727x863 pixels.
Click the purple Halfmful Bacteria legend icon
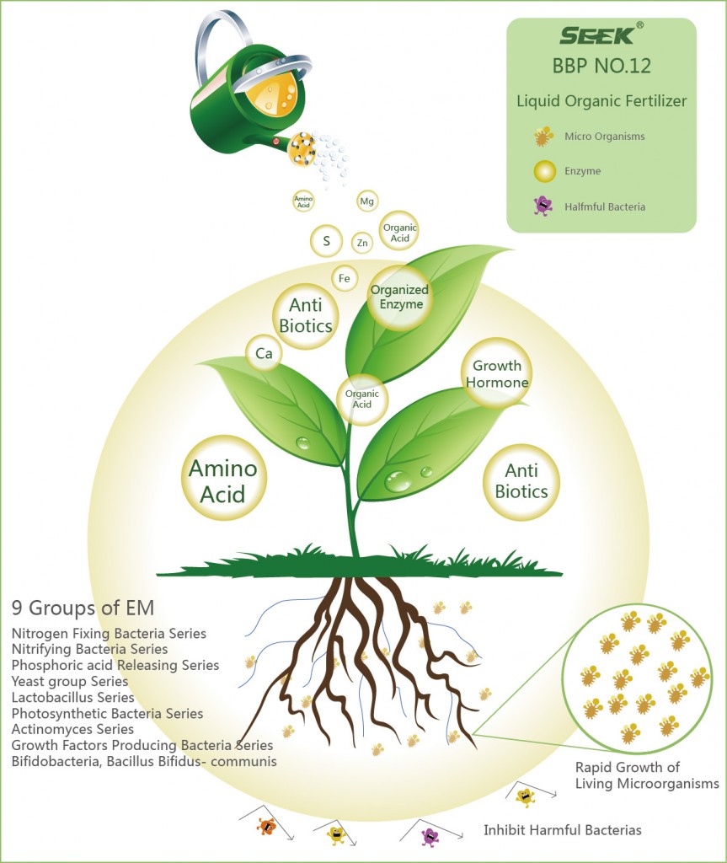click(x=543, y=206)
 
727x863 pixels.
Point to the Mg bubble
click(x=366, y=201)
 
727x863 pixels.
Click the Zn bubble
click(x=362, y=244)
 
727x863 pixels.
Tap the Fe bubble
click(x=344, y=278)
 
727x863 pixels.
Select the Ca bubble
click(x=264, y=355)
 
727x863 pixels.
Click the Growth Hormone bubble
click(x=496, y=373)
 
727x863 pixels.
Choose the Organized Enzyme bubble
click(x=399, y=297)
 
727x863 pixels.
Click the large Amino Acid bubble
click(x=222, y=480)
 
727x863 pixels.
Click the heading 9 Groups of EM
click(x=83, y=608)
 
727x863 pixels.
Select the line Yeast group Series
click(x=70, y=681)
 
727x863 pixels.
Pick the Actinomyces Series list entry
click(x=72, y=729)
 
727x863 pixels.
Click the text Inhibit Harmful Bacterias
click(x=562, y=830)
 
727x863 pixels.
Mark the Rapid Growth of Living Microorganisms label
click(x=646, y=775)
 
